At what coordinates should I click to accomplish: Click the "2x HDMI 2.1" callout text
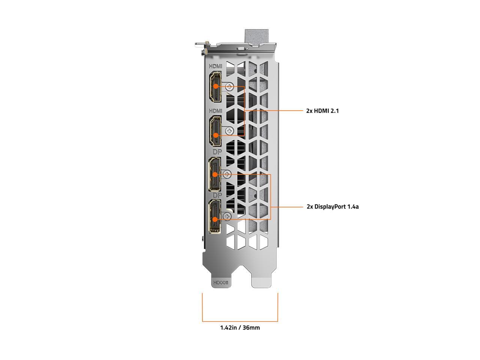(322, 111)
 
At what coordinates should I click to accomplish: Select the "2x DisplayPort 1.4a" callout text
(333, 206)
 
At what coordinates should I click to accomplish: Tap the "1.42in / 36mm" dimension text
(240, 327)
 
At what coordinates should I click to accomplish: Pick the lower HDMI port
(215, 131)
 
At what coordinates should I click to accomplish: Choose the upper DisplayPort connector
(215, 174)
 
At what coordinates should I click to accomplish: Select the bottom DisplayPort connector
(215, 216)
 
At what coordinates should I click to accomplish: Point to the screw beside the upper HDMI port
(229, 87)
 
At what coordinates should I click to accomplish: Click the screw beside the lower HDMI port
(229, 131)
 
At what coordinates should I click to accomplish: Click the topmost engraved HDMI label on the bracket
(215, 66)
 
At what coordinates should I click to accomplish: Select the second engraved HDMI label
(215, 111)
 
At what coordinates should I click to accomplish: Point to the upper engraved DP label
(217, 152)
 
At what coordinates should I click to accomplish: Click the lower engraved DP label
(217, 195)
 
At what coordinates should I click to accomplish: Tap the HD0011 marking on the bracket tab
(220, 283)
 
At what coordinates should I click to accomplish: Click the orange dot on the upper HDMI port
(216, 86)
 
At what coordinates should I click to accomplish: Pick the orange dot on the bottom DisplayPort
(215, 219)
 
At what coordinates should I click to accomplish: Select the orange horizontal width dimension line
(240, 321)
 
